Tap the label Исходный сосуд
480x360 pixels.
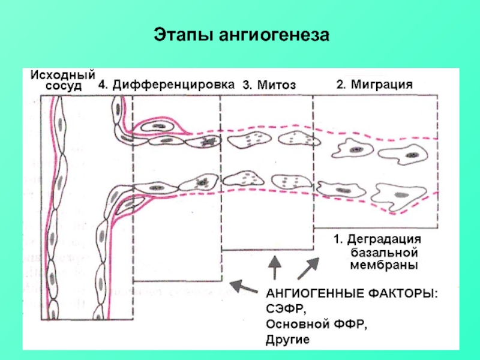click(x=62, y=80)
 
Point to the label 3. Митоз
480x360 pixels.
click(x=269, y=85)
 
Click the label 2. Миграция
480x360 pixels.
click(x=374, y=85)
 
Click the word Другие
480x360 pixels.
click(x=287, y=340)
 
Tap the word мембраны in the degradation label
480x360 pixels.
click(x=384, y=264)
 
